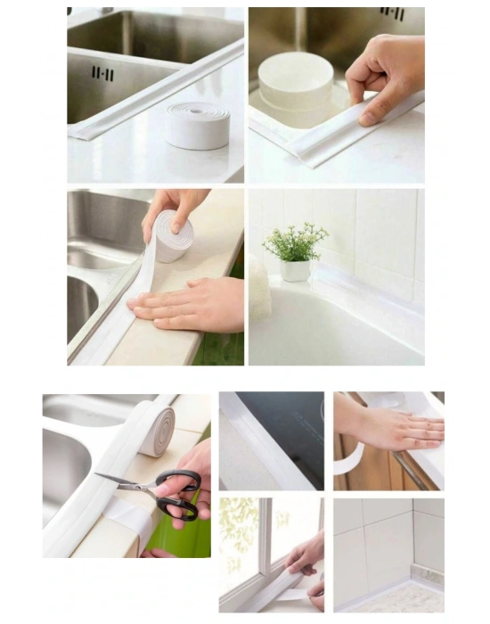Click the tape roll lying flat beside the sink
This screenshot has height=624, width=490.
pyautogui.click(x=198, y=125)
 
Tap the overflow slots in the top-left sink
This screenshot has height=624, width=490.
pyautogui.click(x=103, y=73)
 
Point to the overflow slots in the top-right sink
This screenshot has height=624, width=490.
pyautogui.click(x=392, y=14)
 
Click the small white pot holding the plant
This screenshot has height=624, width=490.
pyautogui.click(x=295, y=269)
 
